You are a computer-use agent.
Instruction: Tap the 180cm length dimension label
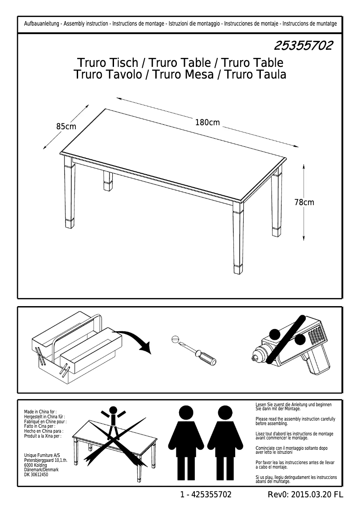coord(207,122)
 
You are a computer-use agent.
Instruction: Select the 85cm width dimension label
coord(66,127)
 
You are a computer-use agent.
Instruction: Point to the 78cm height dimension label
coord(304,202)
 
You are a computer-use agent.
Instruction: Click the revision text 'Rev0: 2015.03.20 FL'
coord(305,495)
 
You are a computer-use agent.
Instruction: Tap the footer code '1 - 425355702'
coord(206,495)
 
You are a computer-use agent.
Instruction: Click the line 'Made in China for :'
coord(40,411)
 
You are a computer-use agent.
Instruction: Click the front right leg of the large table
coord(237,238)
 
